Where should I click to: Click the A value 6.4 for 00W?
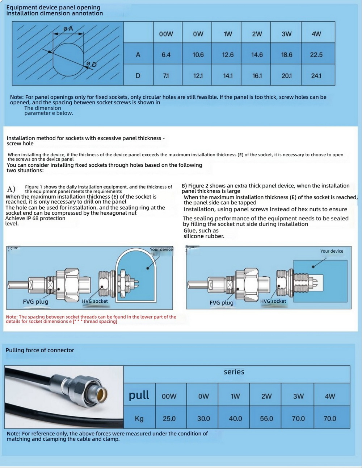[x=166, y=55]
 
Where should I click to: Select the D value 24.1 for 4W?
[x=316, y=76]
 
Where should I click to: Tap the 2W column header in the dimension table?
[x=257, y=34]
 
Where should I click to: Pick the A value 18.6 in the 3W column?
[x=287, y=55]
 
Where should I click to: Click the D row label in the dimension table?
[x=138, y=76]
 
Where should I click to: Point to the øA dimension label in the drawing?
[x=68, y=28]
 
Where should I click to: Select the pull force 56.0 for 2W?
[x=266, y=419]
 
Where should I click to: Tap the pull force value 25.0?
[x=169, y=419]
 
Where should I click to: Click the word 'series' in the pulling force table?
[x=234, y=372]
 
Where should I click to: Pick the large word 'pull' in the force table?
[x=139, y=395]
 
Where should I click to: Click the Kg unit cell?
[x=139, y=419]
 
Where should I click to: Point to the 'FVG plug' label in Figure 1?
[x=35, y=302]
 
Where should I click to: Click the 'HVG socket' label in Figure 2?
[x=273, y=301]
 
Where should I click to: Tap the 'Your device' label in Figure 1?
[x=161, y=249]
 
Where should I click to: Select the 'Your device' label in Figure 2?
[x=332, y=251]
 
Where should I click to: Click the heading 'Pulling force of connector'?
[x=40, y=350]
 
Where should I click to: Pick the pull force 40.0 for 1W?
[x=235, y=419]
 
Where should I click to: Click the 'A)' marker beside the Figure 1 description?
[x=11, y=189]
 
